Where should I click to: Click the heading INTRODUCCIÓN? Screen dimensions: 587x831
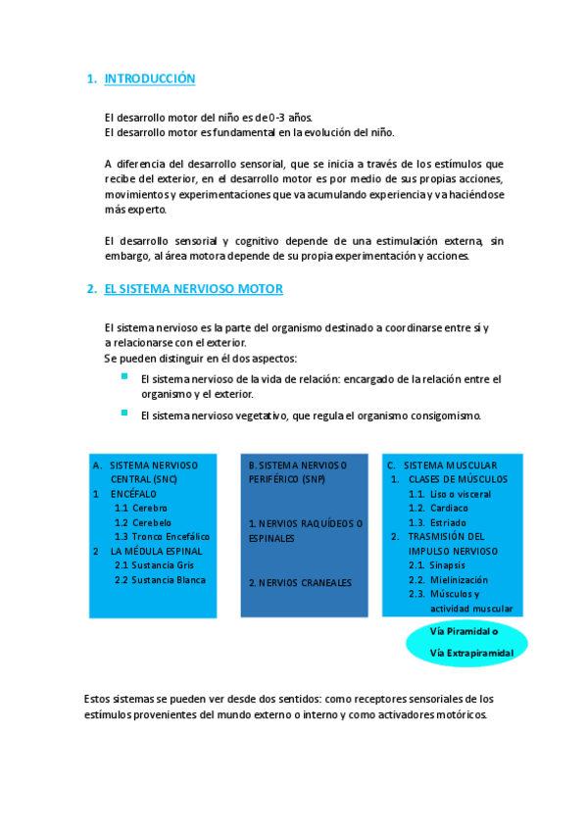[150, 78]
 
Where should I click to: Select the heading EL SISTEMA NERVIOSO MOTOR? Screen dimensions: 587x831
[193, 289]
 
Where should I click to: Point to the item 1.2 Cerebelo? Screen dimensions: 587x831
[142, 522]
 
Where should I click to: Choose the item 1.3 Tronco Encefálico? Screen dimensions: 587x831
[162, 537]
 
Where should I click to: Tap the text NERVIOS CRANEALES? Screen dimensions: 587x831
[299, 583]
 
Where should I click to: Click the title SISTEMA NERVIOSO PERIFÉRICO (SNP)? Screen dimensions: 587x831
[299, 472]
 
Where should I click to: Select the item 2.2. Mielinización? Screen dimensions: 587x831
[448, 580]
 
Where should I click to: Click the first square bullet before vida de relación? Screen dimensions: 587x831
[124, 376]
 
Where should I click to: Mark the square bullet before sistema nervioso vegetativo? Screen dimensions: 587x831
[124, 413]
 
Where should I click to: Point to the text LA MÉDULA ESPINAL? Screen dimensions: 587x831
[147, 552]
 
